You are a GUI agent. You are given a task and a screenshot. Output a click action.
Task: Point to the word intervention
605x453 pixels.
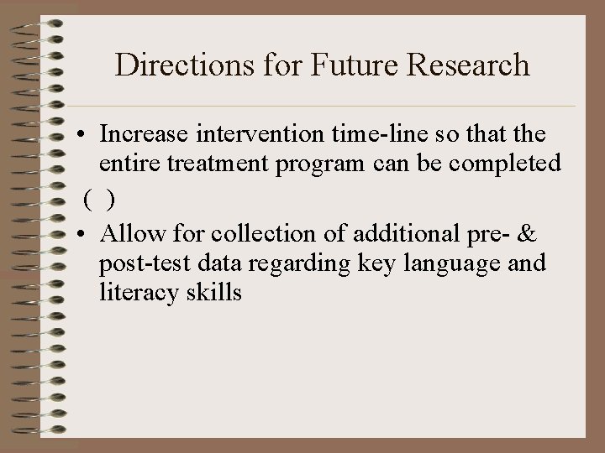[250, 134]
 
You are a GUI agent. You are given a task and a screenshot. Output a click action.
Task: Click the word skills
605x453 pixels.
[212, 294]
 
